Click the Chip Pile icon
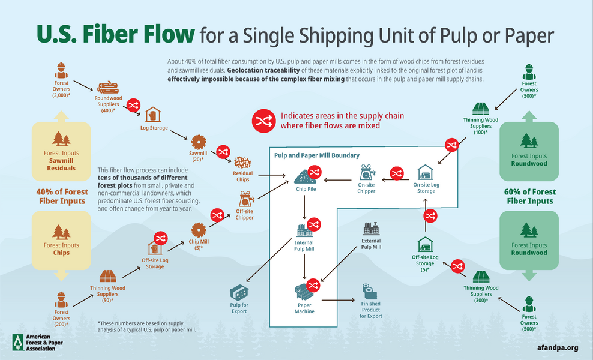coord(307,176)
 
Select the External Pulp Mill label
coord(371,244)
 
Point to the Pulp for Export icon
coord(239,293)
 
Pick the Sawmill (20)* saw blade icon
coord(198,143)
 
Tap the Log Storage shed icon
coord(153,114)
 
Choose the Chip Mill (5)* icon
coord(198,230)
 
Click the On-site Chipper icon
coord(367,173)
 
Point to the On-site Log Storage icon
coord(426,173)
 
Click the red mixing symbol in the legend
coord(263,121)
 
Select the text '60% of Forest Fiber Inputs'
coord(529,196)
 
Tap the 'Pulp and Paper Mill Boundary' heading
coord(316,155)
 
